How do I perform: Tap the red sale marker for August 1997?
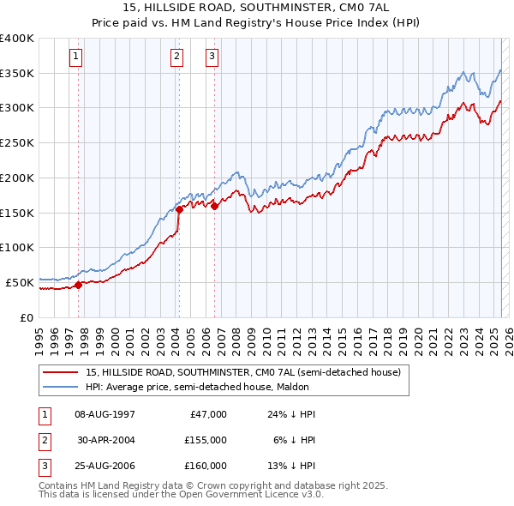point(78,285)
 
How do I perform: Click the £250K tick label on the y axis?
point(16,143)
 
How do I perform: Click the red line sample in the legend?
point(61,373)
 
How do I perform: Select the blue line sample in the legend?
point(61,388)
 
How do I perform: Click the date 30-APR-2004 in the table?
point(106,440)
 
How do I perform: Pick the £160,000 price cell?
point(206,466)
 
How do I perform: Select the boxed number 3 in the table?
point(43,466)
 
